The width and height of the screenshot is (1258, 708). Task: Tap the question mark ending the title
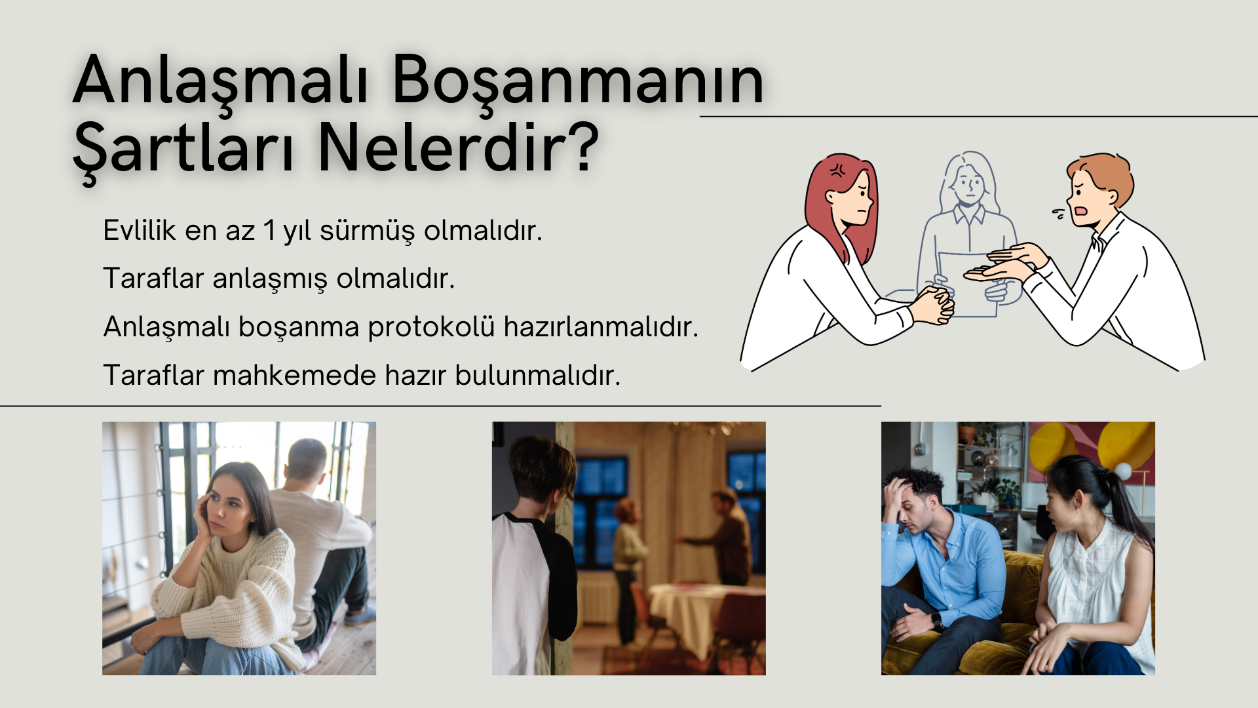[x=580, y=147]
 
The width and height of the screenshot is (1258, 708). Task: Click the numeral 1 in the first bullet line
[x=269, y=231]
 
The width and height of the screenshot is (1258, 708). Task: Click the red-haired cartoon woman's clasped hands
[x=935, y=305]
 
